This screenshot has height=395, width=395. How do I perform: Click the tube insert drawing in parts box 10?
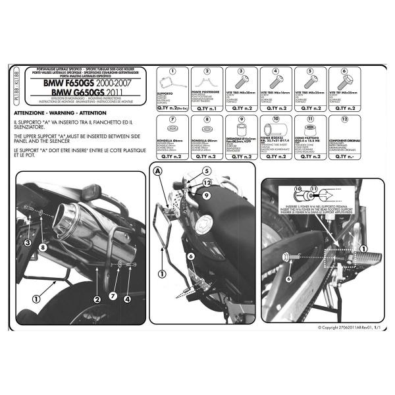coord(275,134)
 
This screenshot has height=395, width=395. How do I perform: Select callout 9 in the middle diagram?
coord(205,195)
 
